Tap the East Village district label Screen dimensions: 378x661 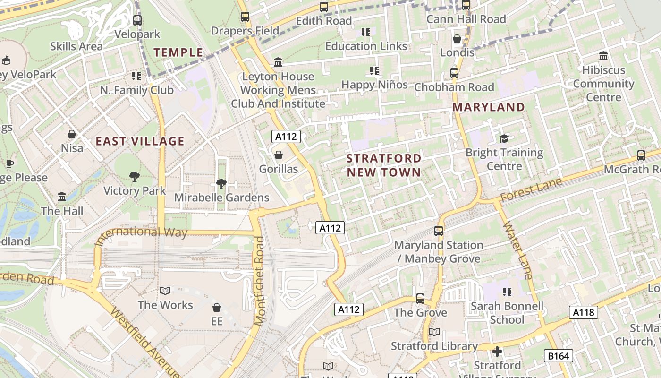(x=140, y=141)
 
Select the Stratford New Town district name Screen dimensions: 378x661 (x=384, y=165)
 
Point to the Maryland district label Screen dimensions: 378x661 (x=489, y=107)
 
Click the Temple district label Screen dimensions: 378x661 (x=178, y=52)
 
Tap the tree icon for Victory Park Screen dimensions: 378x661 (x=135, y=177)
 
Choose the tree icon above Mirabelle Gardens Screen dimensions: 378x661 (x=221, y=183)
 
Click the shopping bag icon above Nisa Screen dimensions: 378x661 (x=72, y=134)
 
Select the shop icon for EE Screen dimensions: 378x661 (x=217, y=308)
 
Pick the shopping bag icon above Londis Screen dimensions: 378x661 (x=457, y=39)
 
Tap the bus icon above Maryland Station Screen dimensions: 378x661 (x=439, y=231)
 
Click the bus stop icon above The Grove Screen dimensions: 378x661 (x=420, y=299)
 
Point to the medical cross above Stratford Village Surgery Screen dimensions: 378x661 (x=497, y=352)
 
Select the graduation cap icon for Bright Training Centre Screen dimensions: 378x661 (x=504, y=138)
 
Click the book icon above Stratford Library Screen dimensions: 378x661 (x=434, y=332)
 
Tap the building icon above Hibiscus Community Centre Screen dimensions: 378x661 (x=603, y=56)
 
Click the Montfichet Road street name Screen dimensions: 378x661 (x=260, y=281)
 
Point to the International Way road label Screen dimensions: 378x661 (x=141, y=235)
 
